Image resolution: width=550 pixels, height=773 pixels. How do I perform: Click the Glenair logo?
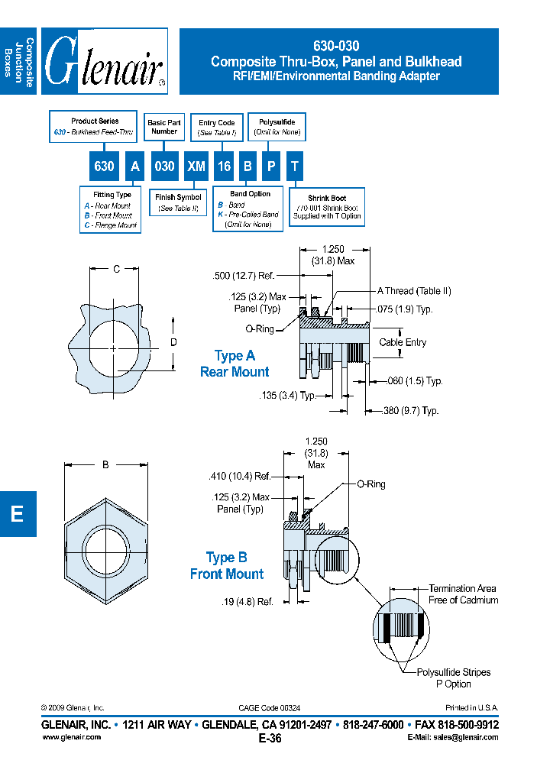104,61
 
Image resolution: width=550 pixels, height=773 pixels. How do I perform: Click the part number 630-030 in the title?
337,46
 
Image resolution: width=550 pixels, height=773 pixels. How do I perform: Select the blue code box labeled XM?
196,167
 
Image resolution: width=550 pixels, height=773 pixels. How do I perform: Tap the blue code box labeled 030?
164,167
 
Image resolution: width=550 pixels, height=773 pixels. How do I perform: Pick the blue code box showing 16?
224,167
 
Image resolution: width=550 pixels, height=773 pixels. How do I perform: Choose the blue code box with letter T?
294,167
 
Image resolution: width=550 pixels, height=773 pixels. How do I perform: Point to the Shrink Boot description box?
327,208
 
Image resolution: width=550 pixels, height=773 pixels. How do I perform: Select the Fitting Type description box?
112,210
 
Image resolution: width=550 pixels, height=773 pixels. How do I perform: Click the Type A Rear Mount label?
235,364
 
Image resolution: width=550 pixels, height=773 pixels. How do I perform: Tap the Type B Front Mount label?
227,566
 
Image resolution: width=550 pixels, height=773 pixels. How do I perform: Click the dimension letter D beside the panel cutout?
173,342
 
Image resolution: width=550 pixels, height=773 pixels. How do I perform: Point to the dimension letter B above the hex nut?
105,464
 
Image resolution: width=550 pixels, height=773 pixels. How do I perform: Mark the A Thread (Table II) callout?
414,291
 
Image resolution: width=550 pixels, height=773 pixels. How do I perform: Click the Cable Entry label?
403,343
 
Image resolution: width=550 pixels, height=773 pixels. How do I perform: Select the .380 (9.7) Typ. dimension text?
410,411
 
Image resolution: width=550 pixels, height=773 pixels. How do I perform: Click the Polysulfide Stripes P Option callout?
453,678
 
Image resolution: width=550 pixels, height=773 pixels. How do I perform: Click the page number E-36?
270,738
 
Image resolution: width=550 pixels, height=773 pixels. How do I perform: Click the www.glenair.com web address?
71,737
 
